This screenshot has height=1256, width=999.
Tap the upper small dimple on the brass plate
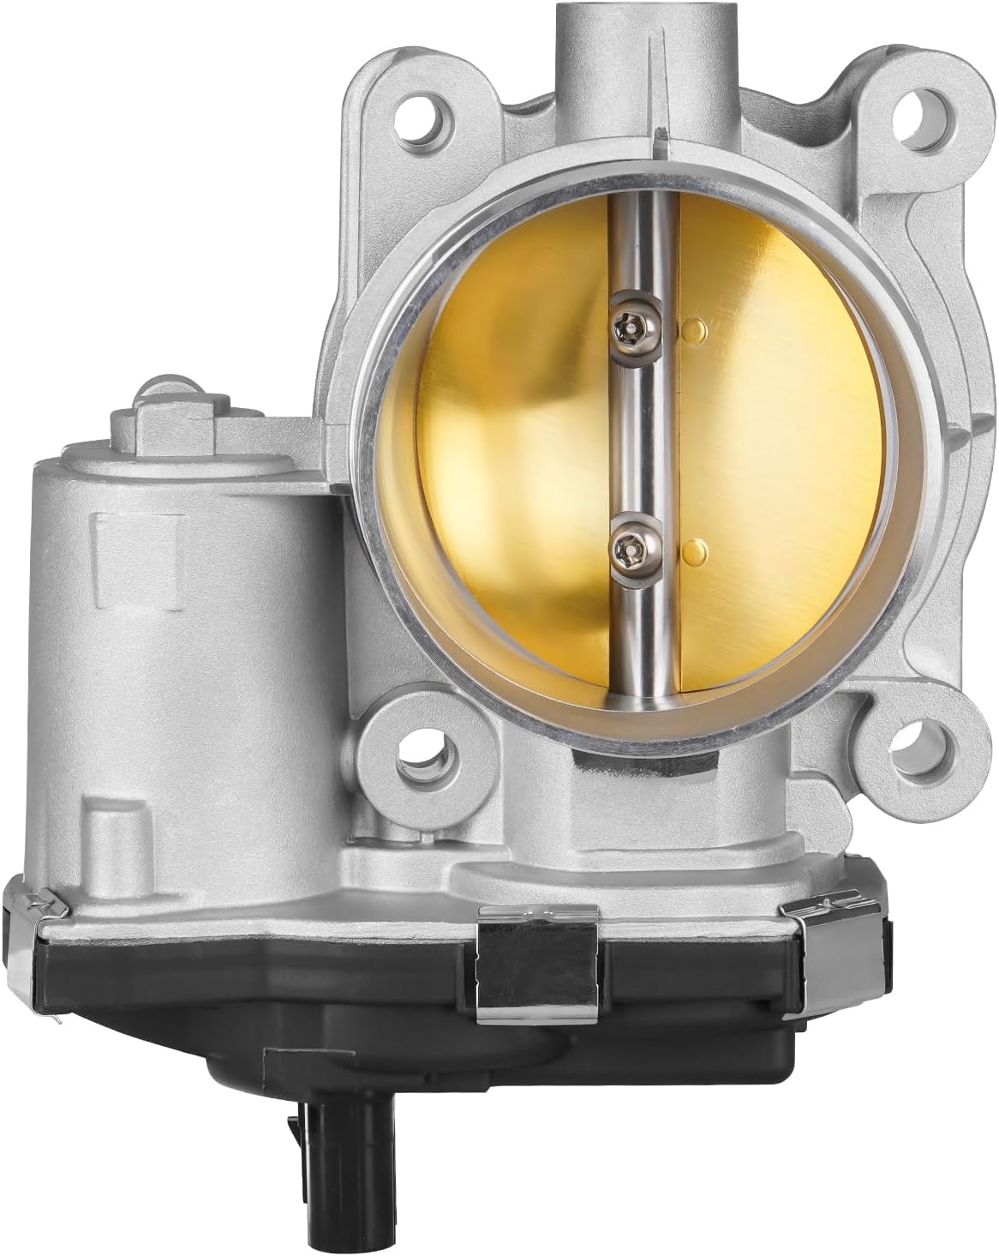pos(695,328)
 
